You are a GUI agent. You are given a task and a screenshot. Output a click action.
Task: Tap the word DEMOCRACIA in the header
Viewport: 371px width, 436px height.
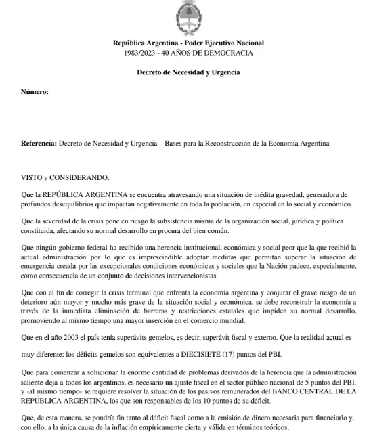[x=229, y=53]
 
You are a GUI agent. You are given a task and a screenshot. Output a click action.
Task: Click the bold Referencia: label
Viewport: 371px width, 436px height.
[x=39, y=144]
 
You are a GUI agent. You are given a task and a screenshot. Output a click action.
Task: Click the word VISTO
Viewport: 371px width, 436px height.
[x=33, y=177]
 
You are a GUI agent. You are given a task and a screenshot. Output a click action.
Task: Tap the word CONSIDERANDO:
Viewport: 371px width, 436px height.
[x=80, y=177]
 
